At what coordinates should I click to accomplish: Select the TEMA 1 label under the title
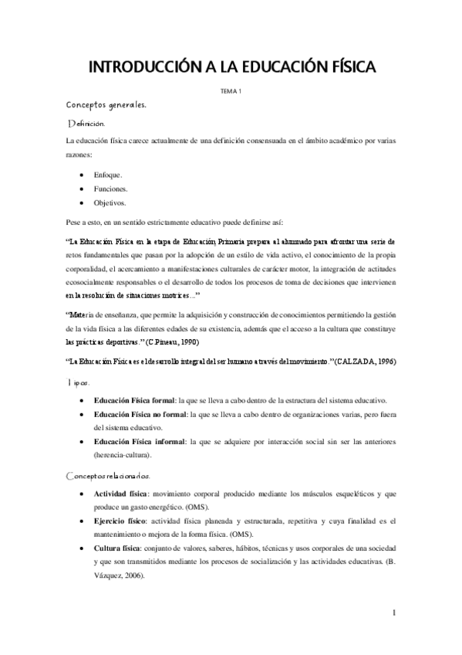pos(231,92)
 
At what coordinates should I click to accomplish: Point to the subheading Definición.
pos(91,124)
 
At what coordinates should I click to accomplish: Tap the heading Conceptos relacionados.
pos(109,475)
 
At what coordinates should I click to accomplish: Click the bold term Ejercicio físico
pos(121,521)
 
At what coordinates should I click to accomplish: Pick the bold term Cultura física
pos(118,548)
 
